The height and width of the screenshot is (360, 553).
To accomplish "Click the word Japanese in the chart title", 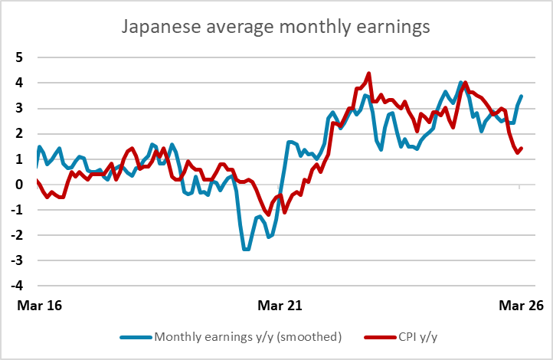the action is [x=162, y=27].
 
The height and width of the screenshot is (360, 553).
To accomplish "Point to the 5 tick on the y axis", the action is [x=19, y=57].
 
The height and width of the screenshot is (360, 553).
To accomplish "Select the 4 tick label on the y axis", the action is [x=19, y=83].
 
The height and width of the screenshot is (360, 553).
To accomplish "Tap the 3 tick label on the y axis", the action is [x=19, y=108].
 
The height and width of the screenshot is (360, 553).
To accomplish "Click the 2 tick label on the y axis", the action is [x=19, y=133].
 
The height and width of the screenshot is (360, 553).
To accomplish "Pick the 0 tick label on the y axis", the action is [x=19, y=184].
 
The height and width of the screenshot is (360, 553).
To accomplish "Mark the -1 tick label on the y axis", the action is [x=17, y=209].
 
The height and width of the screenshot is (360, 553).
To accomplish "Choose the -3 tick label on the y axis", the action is [x=17, y=260].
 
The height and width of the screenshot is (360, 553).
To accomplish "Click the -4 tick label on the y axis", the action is [x=17, y=286].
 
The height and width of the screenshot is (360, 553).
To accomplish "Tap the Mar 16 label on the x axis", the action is [x=40, y=306].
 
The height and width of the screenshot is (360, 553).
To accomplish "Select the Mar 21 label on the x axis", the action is [x=280, y=306].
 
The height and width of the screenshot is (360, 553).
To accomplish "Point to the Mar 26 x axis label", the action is [x=522, y=306].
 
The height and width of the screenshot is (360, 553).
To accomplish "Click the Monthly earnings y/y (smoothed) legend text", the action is [x=248, y=337].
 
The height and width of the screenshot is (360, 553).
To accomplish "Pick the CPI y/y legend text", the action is [x=418, y=337].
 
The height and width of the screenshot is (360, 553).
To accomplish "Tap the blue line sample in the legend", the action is [x=136, y=338].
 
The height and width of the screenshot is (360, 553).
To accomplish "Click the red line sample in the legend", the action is [x=380, y=338].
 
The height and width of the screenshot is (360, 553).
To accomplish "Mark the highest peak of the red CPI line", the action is [x=369, y=74].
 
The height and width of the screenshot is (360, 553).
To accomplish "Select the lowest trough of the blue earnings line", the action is [x=246, y=249].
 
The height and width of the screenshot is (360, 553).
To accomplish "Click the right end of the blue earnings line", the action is [x=522, y=96].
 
